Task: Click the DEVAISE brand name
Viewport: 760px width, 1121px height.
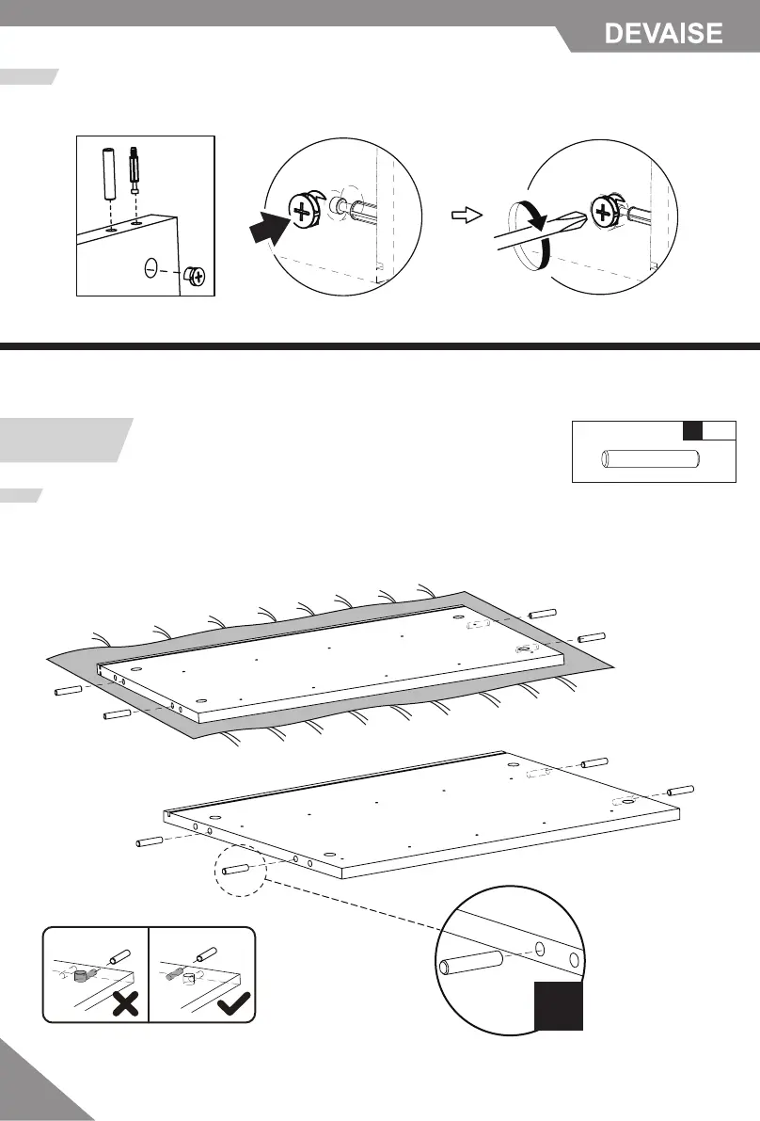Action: (x=663, y=34)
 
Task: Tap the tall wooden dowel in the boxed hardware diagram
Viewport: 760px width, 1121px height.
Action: (x=109, y=171)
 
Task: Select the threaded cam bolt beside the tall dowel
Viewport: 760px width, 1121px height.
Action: (x=135, y=169)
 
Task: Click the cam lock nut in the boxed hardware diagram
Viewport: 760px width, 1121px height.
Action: (x=196, y=277)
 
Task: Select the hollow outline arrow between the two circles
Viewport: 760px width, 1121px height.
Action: (x=466, y=215)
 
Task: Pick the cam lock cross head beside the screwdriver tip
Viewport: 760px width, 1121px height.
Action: (x=603, y=215)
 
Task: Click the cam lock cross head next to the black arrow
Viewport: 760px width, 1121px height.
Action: (x=302, y=212)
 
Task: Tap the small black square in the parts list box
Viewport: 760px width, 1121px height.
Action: (x=693, y=431)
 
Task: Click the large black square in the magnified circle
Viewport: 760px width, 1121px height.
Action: (x=560, y=1006)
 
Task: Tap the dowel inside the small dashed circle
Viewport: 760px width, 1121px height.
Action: (x=236, y=867)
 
